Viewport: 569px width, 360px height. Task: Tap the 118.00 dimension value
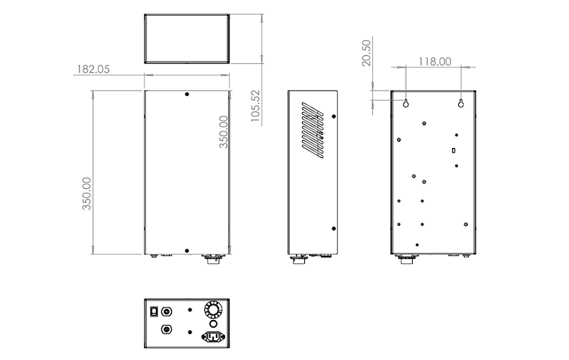434,61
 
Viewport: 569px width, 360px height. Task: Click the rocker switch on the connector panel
153,311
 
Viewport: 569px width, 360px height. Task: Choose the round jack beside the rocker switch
167,311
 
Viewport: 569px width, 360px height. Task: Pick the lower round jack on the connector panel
167,330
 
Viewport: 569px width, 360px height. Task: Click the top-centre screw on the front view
187,94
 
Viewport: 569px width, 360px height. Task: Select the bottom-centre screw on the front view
187,251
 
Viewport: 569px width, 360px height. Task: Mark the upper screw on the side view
333,116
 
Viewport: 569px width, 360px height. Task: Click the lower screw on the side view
333,228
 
